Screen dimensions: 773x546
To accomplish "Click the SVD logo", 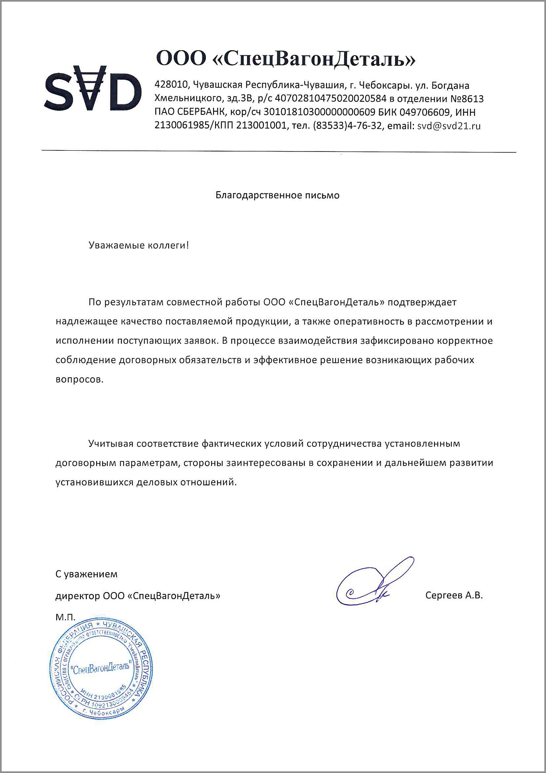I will pyautogui.click(x=93, y=88).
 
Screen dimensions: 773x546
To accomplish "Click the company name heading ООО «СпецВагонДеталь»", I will pyautogui.click(x=286, y=59).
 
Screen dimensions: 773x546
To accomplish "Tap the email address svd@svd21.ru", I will pyautogui.click(x=449, y=126).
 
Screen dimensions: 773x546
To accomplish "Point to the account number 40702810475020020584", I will pyautogui.click(x=330, y=99).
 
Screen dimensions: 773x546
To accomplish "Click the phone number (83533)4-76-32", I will pyautogui.click(x=347, y=126).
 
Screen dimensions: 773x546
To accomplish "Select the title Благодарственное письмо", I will pyautogui.click(x=277, y=195).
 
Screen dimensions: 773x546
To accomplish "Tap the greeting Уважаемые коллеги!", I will pyautogui.click(x=139, y=245).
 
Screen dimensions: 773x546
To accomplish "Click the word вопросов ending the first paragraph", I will pyautogui.click(x=80, y=380).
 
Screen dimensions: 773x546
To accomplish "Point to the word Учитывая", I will pyautogui.click(x=110, y=443).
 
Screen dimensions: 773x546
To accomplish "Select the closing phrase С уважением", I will pyautogui.click(x=86, y=574).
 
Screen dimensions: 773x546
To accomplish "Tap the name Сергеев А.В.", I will pyautogui.click(x=454, y=595).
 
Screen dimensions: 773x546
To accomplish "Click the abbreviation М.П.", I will pyautogui.click(x=65, y=617).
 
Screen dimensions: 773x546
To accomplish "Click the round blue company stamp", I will pyautogui.click(x=101, y=669).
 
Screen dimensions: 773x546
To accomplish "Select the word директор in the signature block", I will pyautogui.click(x=78, y=596).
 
